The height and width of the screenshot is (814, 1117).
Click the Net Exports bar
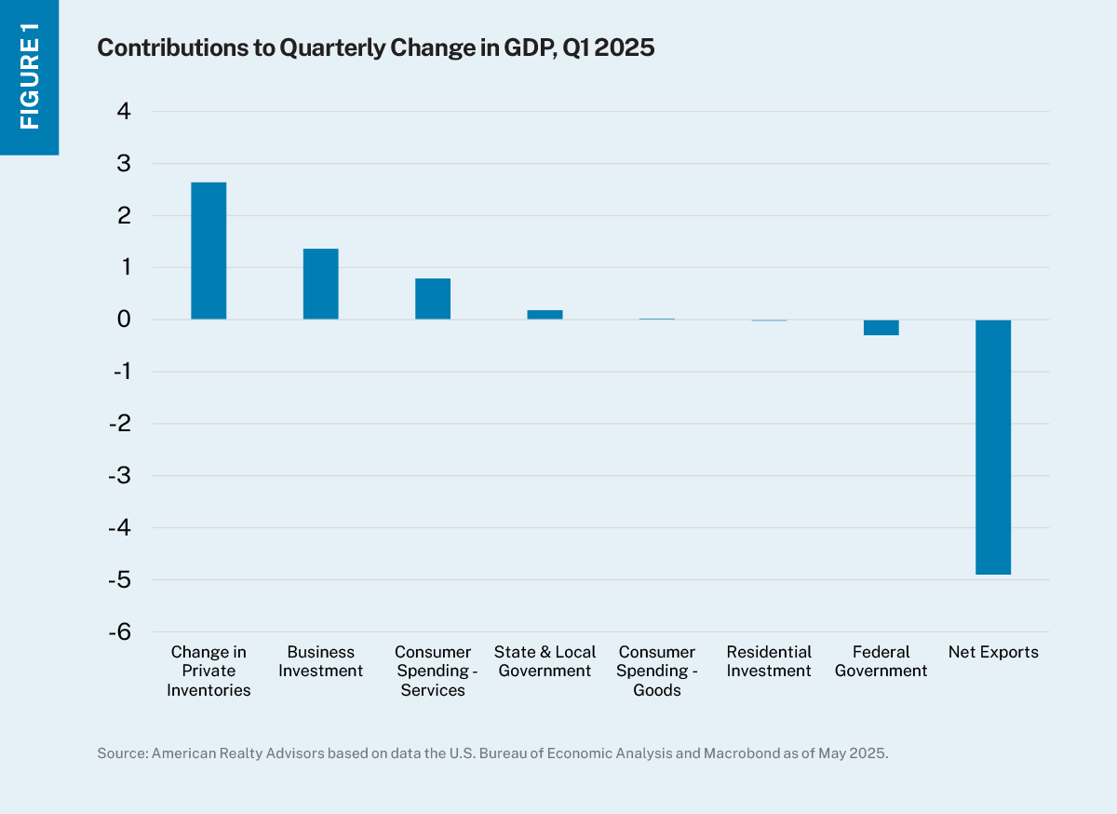coord(993,447)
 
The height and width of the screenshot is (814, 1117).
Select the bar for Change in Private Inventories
coord(209,251)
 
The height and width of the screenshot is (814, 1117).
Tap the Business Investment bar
coord(320,284)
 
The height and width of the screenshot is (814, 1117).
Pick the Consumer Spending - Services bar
coord(433,299)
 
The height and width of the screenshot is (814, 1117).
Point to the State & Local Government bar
coord(545,315)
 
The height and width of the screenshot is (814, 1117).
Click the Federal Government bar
coord(881,327)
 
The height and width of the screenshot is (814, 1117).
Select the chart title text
coord(375,48)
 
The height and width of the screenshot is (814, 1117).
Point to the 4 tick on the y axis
coord(125,112)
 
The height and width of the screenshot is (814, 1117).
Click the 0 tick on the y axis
coord(125,319)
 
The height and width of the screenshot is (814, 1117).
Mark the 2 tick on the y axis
coord(125,216)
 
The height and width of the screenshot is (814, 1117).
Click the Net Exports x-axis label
coord(993,652)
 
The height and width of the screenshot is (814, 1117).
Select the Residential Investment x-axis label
coord(769,661)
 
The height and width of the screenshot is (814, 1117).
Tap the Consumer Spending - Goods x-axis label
coord(657,671)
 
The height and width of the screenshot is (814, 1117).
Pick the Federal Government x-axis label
coord(881,661)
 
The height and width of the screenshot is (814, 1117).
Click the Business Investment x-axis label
coord(320,661)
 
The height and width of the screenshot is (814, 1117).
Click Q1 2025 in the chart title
coord(609,48)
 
